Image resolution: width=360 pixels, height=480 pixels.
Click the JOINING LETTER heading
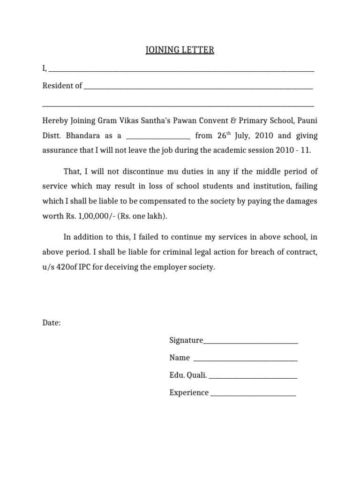(180, 50)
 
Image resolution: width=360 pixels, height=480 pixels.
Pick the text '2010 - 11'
(294, 151)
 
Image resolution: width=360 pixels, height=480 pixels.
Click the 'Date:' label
(52, 323)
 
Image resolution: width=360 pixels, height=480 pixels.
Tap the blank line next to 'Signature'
(250, 342)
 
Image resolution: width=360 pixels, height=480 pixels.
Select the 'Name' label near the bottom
(180, 358)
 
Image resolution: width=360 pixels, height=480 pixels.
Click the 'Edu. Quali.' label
(188, 375)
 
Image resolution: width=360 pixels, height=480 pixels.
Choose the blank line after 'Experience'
(253, 395)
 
